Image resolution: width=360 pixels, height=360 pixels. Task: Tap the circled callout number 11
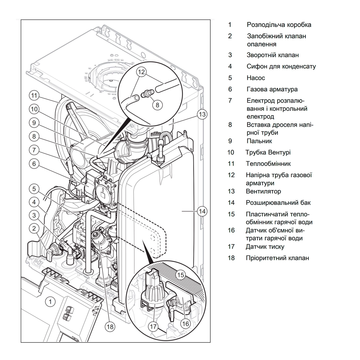pyautogui.click(x=34, y=96)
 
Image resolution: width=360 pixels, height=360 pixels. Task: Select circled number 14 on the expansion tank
pyautogui.click(x=202, y=212)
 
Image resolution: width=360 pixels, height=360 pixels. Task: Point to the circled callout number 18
pyautogui.click(x=110, y=327)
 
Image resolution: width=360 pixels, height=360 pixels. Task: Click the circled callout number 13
pyautogui.click(x=202, y=114)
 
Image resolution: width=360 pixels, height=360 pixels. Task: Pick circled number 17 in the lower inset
pyautogui.click(x=153, y=327)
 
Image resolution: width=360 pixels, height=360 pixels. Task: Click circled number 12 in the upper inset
pyautogui.click(x=141, y=72)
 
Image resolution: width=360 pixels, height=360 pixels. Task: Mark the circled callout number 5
pyautogui.click(x=34, y=188)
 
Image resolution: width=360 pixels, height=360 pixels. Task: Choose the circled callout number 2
pyautogui.click(x=34, y=228)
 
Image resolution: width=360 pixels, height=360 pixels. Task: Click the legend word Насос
pyautogui.click(x=256, y=78)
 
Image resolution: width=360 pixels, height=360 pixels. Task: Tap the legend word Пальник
pyautogui.click(x=259, y=141)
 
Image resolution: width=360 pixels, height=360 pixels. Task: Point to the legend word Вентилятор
pyautogui.click(x=264, y=191)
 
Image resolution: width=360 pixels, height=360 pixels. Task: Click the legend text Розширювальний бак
pyautogui.click(x=278, y=203)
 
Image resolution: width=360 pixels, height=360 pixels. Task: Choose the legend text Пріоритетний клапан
pyautogui.click(x=277, y=258)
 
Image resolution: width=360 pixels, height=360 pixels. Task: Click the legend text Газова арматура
pyautogui.click(x=272, y=89)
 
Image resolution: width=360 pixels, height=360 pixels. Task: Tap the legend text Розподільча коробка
pyautogui.click(x=279, y=25)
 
